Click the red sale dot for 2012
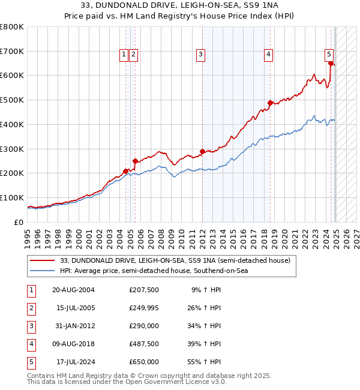coord(202,151)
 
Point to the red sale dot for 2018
coord(270,103)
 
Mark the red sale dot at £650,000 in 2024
coord(331,63)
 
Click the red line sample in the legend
coord(42,260)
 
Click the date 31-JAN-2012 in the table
coord(74,326)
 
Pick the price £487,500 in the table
coord(144,344)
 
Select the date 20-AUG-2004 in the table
coord(74,290)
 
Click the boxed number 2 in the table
coord(31,308)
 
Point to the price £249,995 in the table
coord(144,308)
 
